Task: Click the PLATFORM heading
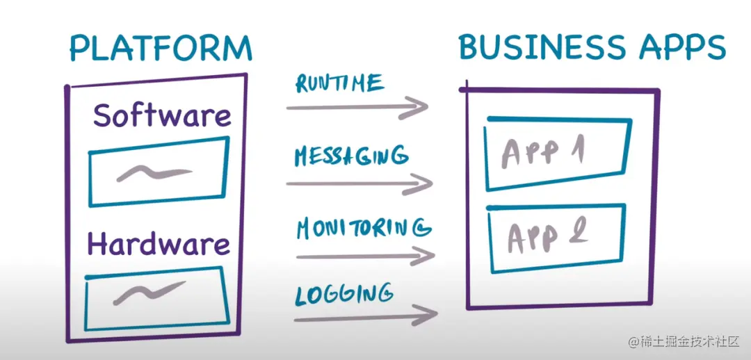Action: click(160, 48)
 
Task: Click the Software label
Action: click(162, 115)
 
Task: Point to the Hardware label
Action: click(158, 244)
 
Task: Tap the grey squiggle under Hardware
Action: click(150, 291)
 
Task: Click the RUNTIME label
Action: click(339, 83)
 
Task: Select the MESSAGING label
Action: click(350, 156)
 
